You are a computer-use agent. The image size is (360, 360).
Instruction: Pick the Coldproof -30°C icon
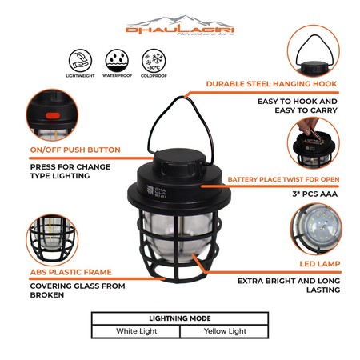[152, 62]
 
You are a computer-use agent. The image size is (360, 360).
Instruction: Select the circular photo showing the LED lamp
[325, 232]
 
